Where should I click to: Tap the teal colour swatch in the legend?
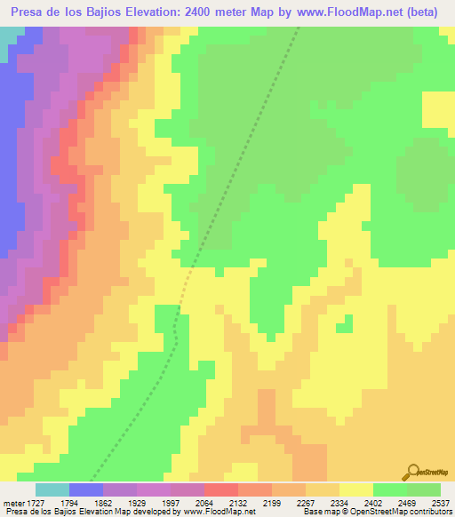(52, 489)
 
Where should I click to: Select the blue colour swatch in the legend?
(86, 489)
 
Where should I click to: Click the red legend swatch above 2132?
(221, 489)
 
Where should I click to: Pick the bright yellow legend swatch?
(356, 489)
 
